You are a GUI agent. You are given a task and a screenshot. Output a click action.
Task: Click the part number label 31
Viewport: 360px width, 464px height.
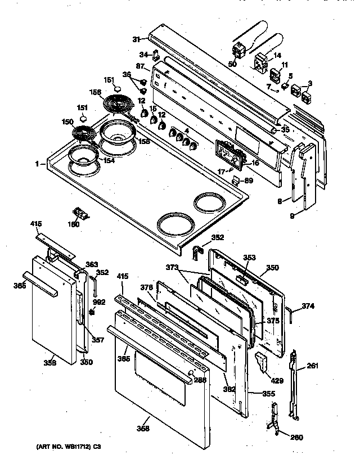[136, 39]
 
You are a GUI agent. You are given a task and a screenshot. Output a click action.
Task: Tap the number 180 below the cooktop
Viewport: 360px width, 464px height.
[73, 224]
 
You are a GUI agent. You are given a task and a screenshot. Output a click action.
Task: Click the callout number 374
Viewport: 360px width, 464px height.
[308, 307]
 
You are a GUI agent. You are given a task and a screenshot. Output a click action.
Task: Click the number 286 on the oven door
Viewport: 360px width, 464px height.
[200, 380]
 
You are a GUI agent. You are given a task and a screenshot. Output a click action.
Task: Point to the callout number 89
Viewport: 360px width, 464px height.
[249, 181]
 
